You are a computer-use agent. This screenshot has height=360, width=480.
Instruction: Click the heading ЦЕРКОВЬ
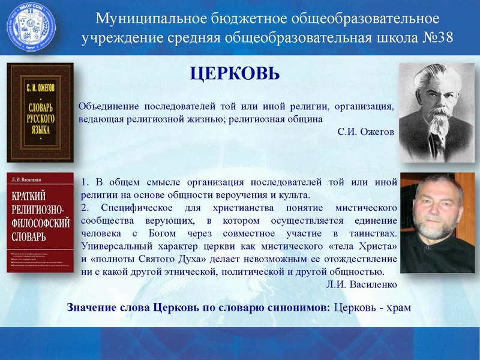[235, 74]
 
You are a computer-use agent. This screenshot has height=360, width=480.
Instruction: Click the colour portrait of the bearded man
[439, 223]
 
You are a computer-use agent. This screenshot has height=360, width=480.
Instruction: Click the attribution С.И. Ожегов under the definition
[365, 131]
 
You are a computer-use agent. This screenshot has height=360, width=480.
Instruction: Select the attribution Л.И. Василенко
[362, 284]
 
